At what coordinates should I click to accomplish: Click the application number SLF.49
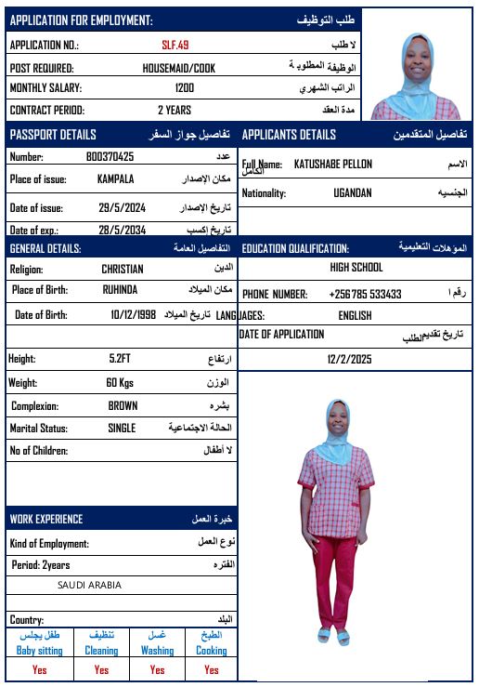[175, 45]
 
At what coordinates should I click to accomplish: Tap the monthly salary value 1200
[185, 88]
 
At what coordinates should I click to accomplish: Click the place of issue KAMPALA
[115, 178]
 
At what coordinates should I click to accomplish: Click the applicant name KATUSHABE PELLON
[333, 165]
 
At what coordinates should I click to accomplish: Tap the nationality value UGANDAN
[353, 193]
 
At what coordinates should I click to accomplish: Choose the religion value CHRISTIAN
[123, 269]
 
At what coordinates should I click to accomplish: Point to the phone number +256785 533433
[365, 294]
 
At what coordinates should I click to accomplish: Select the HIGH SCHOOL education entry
[356, 268]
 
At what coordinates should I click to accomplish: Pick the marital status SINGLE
[121, 429]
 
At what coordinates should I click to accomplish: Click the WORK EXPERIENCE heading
[46, 519]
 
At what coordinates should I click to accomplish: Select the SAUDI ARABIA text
[89, 586]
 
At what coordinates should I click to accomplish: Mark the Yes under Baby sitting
[39, 669]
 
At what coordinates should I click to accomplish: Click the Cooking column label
[211, 651]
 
